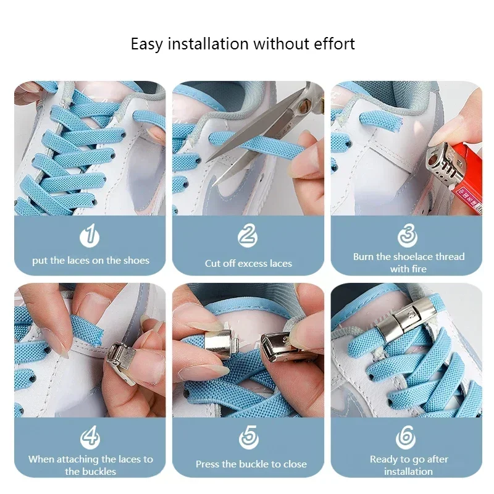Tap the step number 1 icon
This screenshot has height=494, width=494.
pos(90,237)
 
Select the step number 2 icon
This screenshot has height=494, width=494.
pos(248,237)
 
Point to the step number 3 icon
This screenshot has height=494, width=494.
pos(408,237)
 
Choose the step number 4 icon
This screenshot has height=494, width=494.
pos(90,438)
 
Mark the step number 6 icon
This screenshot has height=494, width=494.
pos(408,438)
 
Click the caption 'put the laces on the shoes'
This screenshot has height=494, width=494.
pos(91,261)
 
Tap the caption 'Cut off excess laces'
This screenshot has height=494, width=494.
pos(248,264)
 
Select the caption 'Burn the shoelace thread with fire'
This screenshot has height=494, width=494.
pos(408,262)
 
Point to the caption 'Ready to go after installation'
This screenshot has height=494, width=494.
pos(408,465)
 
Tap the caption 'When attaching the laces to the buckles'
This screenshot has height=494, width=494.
pos(90,465)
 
